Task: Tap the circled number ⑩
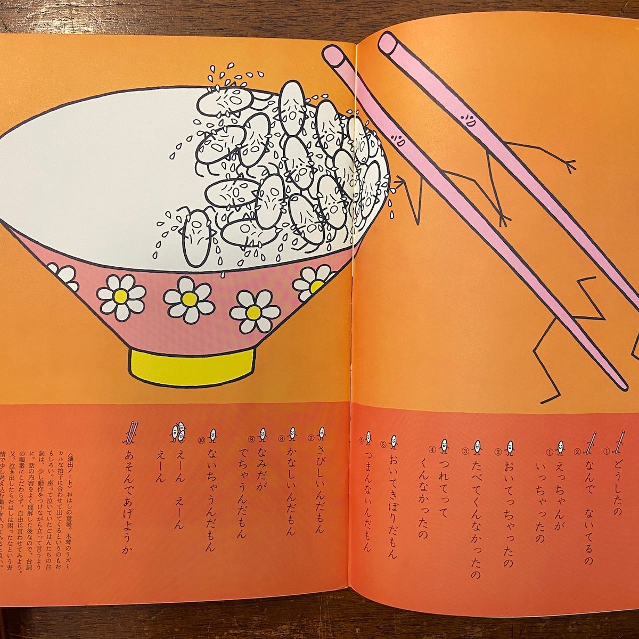click(201, 440)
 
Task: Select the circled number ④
click(434, 448)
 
